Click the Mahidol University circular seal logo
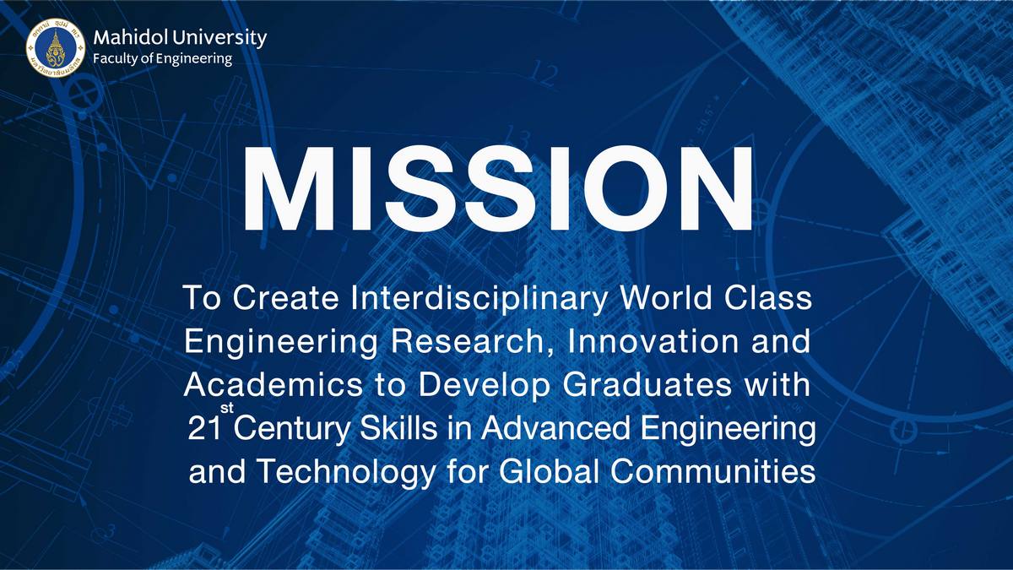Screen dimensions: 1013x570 (x=56, y=47)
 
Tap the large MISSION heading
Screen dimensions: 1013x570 (x=498, y=188)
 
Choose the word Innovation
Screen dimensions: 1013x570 (x=653, y=341)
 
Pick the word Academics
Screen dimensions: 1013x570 (x=274, y=384)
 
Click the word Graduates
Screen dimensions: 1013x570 (x=647, y=384)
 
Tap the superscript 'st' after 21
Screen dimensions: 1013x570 (x=227, y=408)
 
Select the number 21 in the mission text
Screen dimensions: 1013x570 (x=204, y=428)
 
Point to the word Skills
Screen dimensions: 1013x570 (x=398, y=427)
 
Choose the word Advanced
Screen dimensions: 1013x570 (x=555, y=427)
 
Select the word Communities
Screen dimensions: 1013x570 (x=712, y=470)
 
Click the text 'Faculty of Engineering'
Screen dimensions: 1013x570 (x=162, y=59)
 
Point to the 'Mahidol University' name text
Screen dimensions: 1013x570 (x=180, y=38)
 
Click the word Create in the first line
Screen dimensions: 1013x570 (x=286, y=298)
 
